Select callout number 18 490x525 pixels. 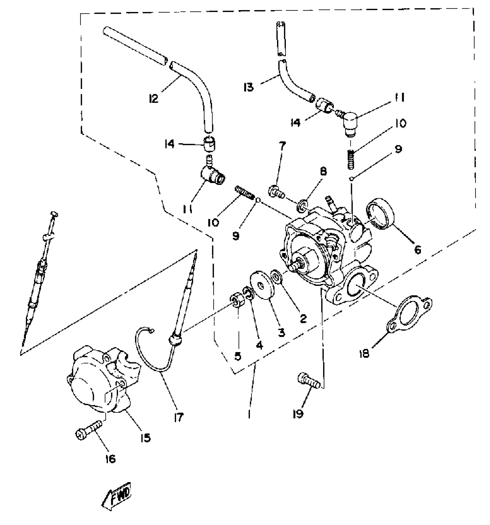pos(365,353)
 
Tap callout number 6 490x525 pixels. pos(417,250)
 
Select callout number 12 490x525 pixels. pos(154,99)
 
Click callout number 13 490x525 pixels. pos(248,87)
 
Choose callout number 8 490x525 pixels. pos(323,172)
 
